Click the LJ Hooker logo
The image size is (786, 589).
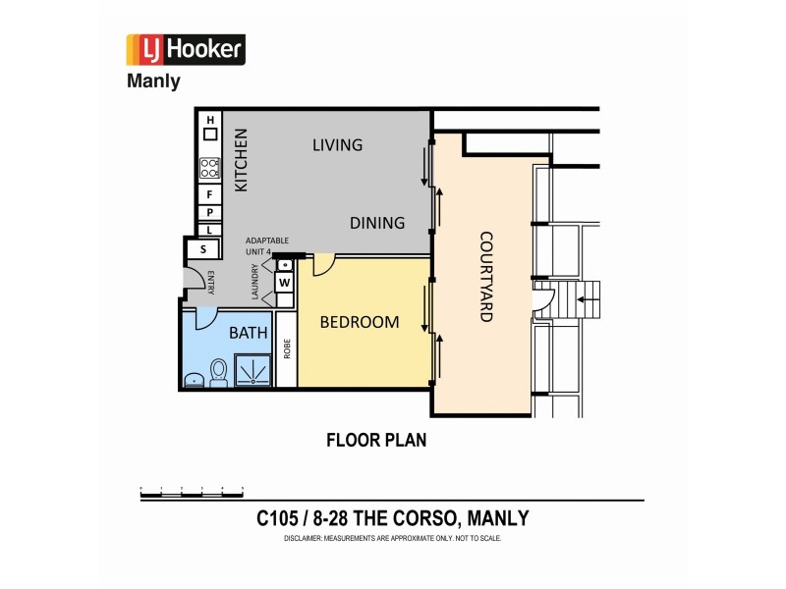click(186, 49)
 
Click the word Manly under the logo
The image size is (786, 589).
click(153, 81)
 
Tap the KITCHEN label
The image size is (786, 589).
click(241, 159)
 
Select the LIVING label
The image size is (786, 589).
click(337, 145)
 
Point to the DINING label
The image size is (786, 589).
click(377, 223)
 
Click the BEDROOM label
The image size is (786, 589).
click(360, 322)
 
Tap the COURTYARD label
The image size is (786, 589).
click(485, 276)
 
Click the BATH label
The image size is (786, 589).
click(248, 334)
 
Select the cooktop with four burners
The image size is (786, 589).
click(210, 168)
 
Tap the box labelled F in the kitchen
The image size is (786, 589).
click(210, 194)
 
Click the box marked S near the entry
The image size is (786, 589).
click(203, 249)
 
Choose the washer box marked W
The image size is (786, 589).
click(284, 283)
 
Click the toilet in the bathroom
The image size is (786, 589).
click(219, 372)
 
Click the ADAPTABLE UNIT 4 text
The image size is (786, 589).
click(266, 245)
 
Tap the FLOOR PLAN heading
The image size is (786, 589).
click(376, 440)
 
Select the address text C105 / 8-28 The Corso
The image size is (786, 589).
click(392, 518)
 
